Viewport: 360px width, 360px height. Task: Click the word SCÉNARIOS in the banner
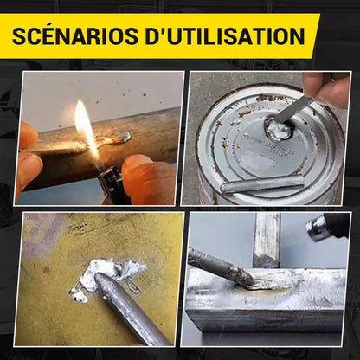[75, 35]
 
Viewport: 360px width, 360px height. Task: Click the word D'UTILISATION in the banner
[225, 35]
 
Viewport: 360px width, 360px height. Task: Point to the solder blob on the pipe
[123, 137]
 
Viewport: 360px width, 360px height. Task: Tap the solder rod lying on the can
[262, 183]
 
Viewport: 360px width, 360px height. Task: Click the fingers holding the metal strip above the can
[326, 89]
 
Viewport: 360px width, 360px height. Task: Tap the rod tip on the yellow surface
[102, 280]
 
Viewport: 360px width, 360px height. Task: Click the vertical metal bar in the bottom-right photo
[267, 240]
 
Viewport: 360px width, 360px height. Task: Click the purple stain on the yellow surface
[41, 235]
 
